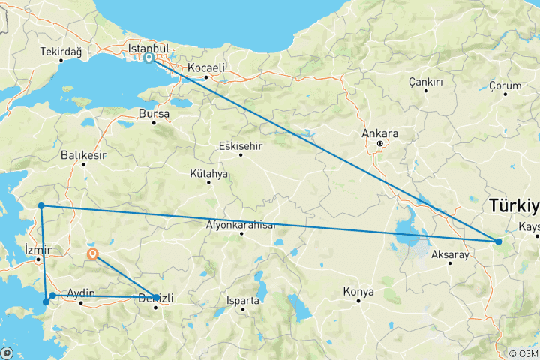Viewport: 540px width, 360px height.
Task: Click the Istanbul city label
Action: click(x=150, y=49)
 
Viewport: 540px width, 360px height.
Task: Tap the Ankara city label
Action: click(x=379, y=133)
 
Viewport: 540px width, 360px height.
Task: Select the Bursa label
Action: click(x=154, y=114)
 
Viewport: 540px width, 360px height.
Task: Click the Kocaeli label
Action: click(x=206, y=67)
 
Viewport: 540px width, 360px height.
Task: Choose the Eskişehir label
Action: click(x=240, y=145)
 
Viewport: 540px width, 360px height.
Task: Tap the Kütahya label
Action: click(x=208, y=173)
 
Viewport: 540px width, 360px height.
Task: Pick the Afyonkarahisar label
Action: click(x=241, y=224)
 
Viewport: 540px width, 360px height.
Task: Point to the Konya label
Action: click(x=358, y=291)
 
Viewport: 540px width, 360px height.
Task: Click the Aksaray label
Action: click(x=450, y=255)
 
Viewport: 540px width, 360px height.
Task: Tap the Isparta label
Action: click(x=242, y=301)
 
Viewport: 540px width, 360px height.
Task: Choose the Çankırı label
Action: click(x=426, y=82)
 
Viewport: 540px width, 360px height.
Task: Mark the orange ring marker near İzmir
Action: click(x=92, y=253)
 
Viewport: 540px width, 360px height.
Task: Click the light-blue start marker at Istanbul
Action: click(x=149, y=58)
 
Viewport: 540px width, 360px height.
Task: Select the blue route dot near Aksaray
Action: click(x=498, y=241)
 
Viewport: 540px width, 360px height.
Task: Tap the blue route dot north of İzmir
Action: click(x=42, y=205)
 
